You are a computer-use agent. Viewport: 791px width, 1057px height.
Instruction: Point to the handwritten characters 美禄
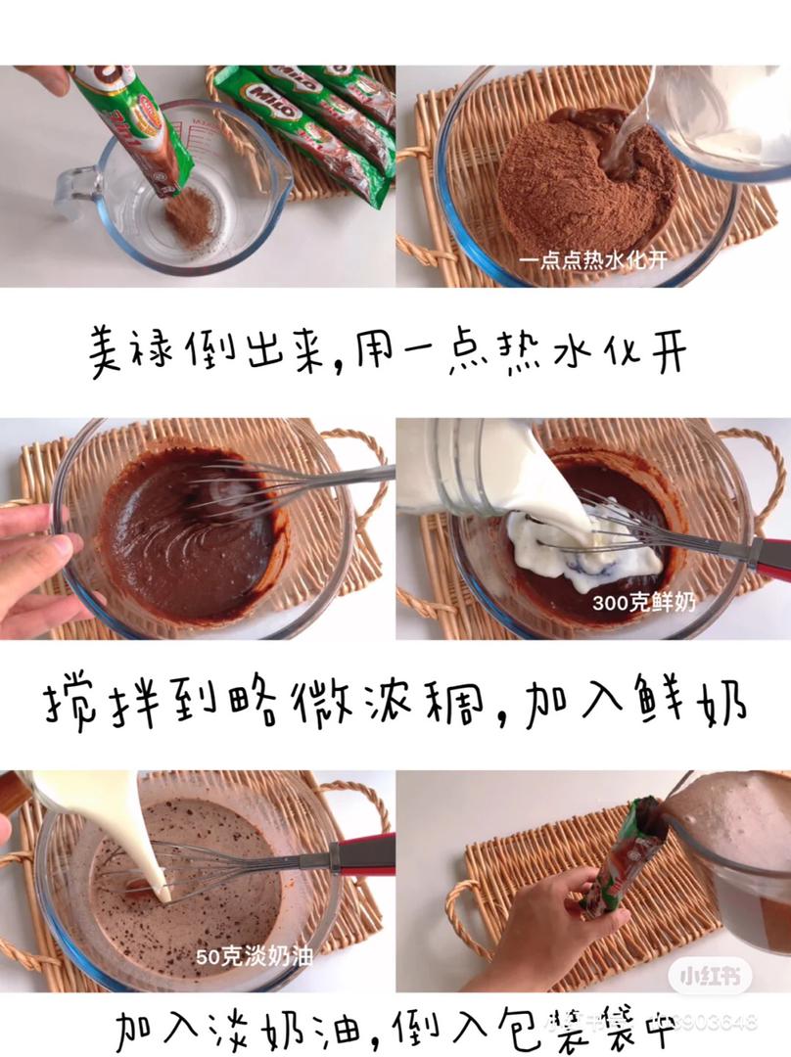[126, 347]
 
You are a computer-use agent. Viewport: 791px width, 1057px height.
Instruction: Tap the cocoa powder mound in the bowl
[578, 186]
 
